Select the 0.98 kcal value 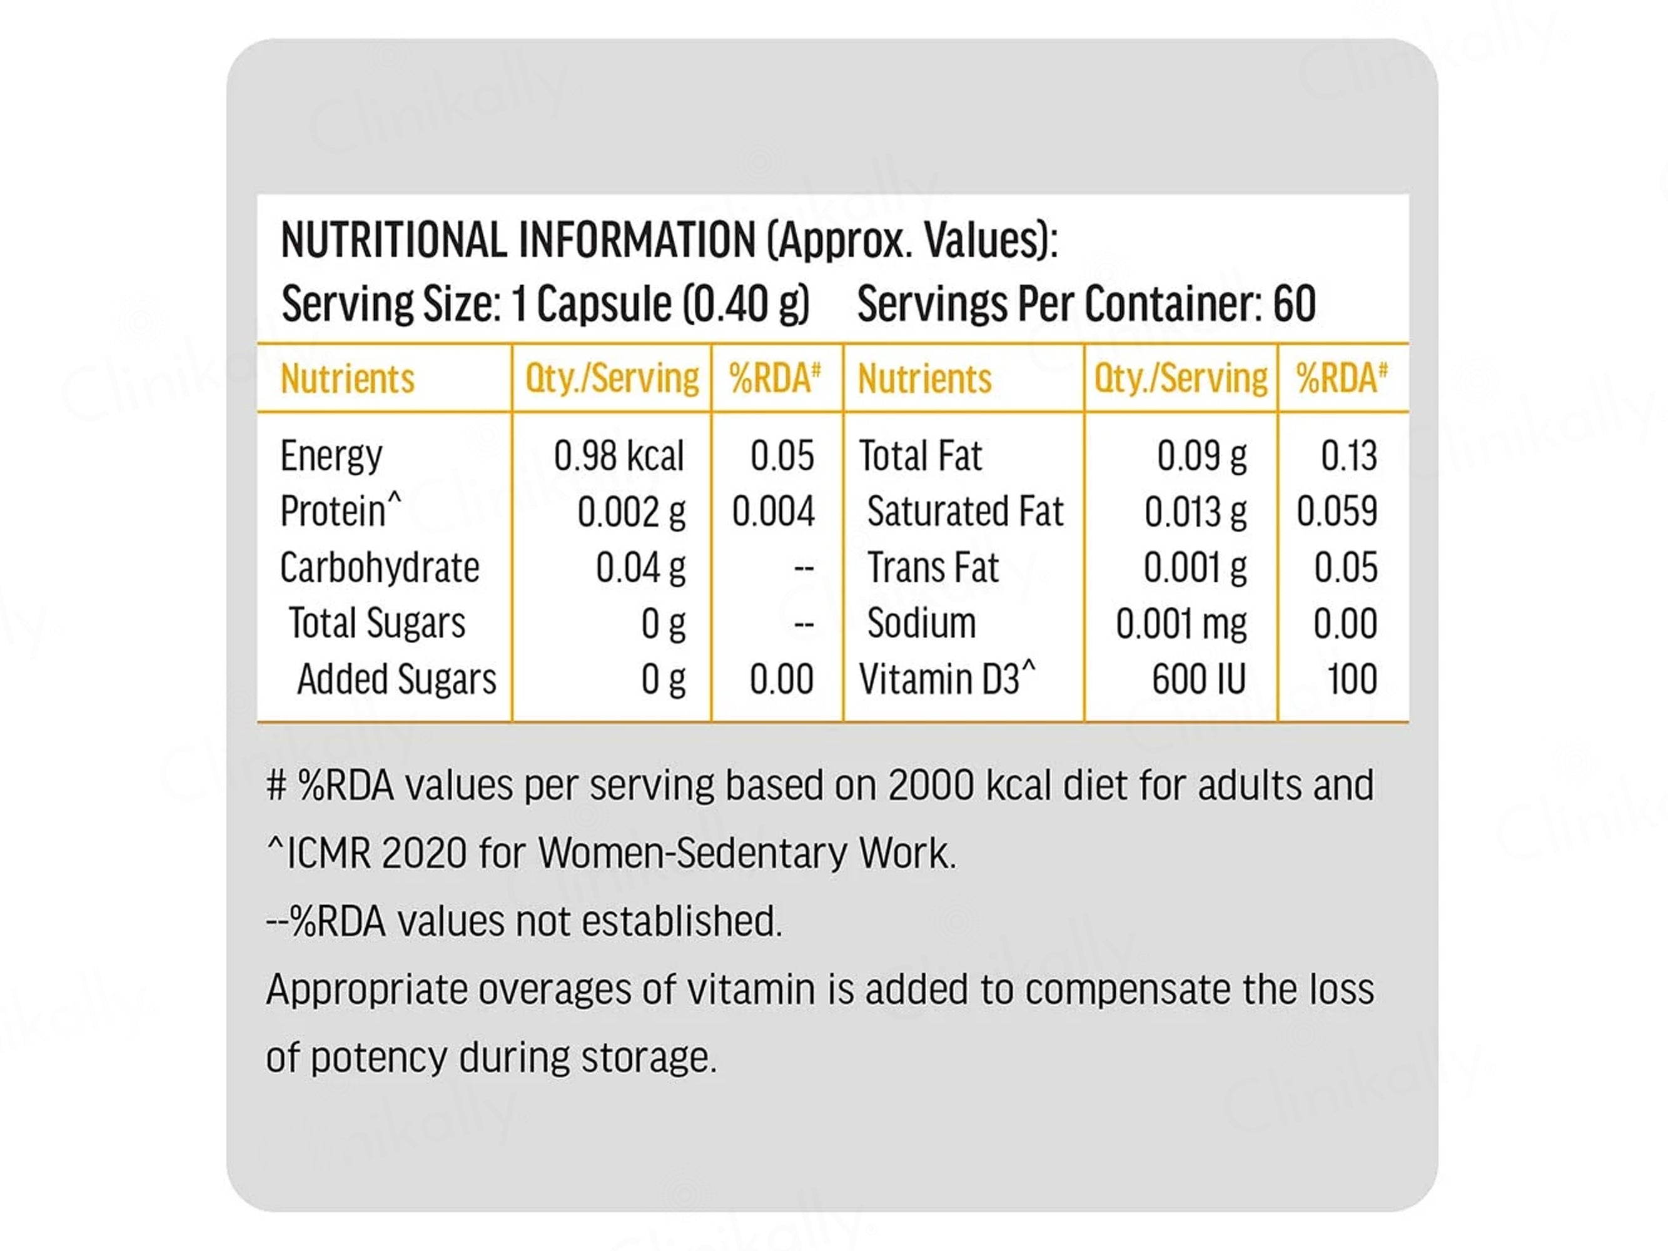[x=619, y=456]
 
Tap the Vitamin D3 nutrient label [x=946, y=679]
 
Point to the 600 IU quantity [x=1198, y=679]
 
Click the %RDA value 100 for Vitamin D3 [x=1352, y=679]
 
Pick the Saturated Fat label [x=964, y=511]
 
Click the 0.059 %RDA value [x=1336, y=511]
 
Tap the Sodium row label [x=921, y=623]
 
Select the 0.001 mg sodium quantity [x=1181, y=624]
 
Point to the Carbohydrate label [x=379, y=567]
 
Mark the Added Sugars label [x=397, y=679]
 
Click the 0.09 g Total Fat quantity [x=1201, y=456]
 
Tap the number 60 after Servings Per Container [x=1294, y=304]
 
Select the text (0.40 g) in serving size [x=746, y=304]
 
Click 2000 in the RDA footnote [x=931, y=786]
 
